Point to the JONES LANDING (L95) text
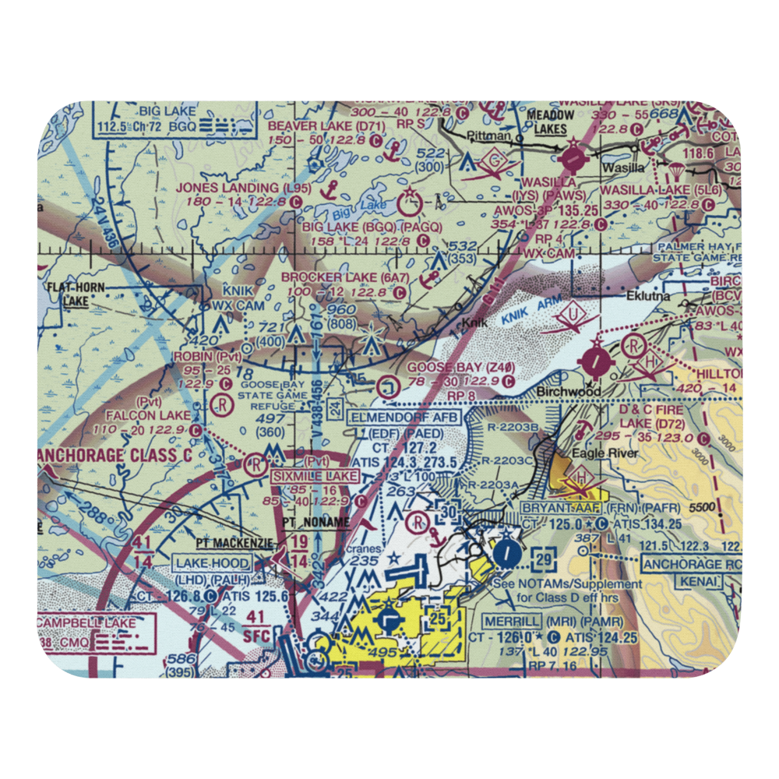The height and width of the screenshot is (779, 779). click(x=227, y=188)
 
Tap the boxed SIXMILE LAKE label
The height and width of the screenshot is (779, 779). click(x=315, y=475)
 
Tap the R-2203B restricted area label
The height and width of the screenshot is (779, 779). click(x=515, y=427)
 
